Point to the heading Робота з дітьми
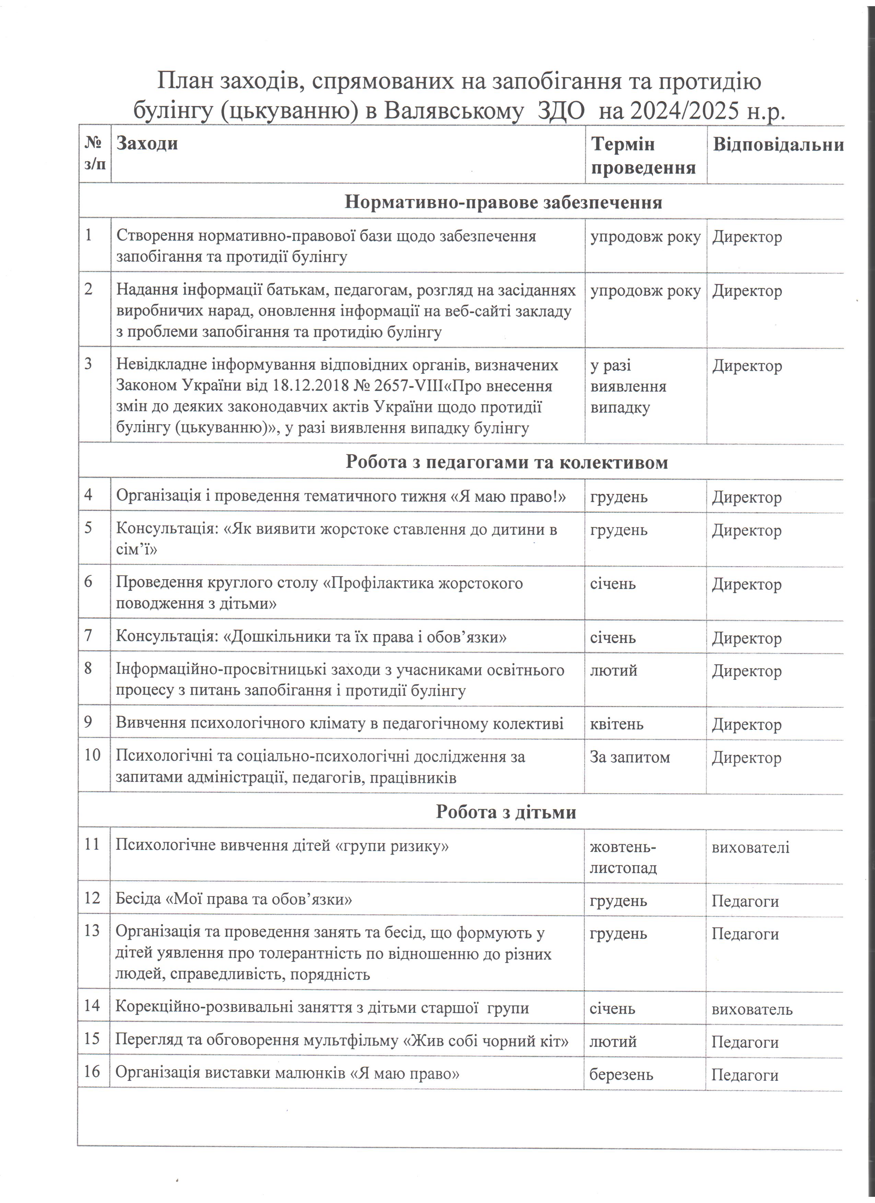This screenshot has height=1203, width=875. pyautogui.click(x=506, y=812)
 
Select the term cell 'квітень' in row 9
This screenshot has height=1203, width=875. pyautogui.click(x=617, y=724)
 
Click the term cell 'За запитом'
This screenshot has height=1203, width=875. pyautogui.click(x=630, y=757)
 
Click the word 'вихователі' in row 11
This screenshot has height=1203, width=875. pyautogui.click(x=750, y=847)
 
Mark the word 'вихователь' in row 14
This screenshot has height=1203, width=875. pyautogui.click(x=752, y=1009)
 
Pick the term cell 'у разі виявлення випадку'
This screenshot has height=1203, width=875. pyautogui.click(x=628, y=387)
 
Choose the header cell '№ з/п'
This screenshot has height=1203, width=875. pyautogui.click(x=94, y=153)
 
